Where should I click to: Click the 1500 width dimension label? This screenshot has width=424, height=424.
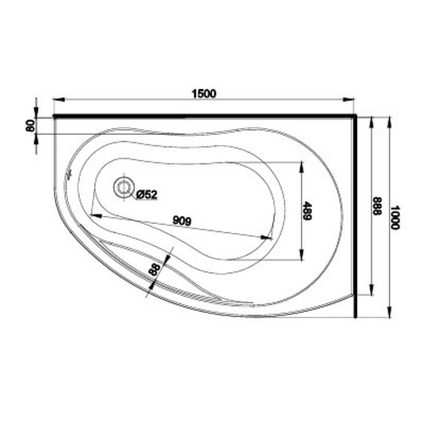tap(204, 93)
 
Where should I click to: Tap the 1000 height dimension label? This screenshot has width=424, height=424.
tap(394, 217)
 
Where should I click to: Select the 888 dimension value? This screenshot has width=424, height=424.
tap(377, 206)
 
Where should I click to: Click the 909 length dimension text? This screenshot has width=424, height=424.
tap(182, 220)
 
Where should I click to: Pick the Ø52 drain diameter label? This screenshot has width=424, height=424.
tap(147, 194)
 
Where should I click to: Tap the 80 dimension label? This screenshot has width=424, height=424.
tap(31, 126)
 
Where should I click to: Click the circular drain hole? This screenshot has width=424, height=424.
tap(124, 187)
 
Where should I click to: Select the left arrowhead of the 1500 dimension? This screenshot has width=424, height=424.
tap(59, 99)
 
